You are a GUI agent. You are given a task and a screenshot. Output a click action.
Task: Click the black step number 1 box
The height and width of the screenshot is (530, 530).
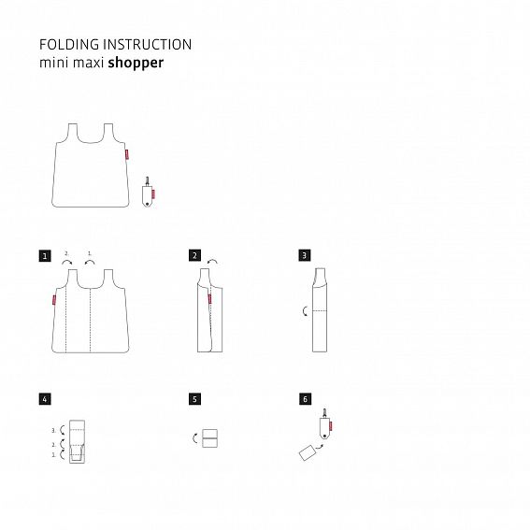45,253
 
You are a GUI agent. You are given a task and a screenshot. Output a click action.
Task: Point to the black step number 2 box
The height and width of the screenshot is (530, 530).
193,253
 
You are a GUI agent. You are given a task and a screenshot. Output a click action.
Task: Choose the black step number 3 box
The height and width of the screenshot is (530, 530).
305,253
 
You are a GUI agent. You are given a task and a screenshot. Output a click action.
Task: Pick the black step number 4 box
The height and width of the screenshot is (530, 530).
45,398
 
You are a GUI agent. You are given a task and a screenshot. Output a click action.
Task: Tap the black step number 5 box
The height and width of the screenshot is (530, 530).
193,398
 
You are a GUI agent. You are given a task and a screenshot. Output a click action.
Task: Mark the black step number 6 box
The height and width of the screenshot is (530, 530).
305,398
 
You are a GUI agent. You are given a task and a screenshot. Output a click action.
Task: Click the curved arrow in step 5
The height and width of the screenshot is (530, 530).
194,437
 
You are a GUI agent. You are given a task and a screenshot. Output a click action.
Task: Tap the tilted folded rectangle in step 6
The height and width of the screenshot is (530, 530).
306,453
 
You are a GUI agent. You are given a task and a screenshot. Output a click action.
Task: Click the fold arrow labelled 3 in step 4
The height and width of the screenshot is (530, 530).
62,430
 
